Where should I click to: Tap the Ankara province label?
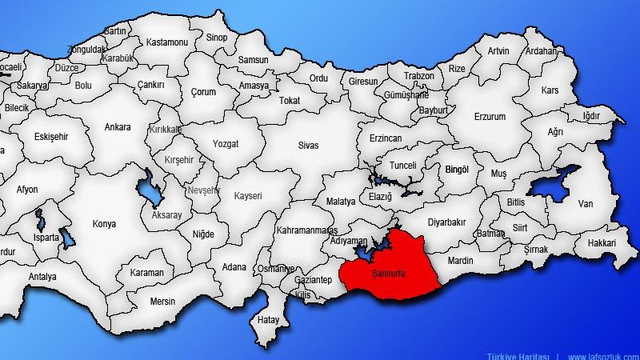[118, 126]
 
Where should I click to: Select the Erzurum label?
[490, 117]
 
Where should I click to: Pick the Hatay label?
[267, 319]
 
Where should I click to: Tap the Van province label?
[586, 205]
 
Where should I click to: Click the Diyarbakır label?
[446, 223]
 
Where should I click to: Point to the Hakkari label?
[602, 242]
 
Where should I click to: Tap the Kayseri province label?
[248, 196]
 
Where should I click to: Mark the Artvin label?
[498, 50]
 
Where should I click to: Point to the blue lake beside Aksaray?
[149, 192]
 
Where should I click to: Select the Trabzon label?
[419, 76]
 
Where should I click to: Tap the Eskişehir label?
[52, 137]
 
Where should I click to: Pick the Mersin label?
[162, 302]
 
